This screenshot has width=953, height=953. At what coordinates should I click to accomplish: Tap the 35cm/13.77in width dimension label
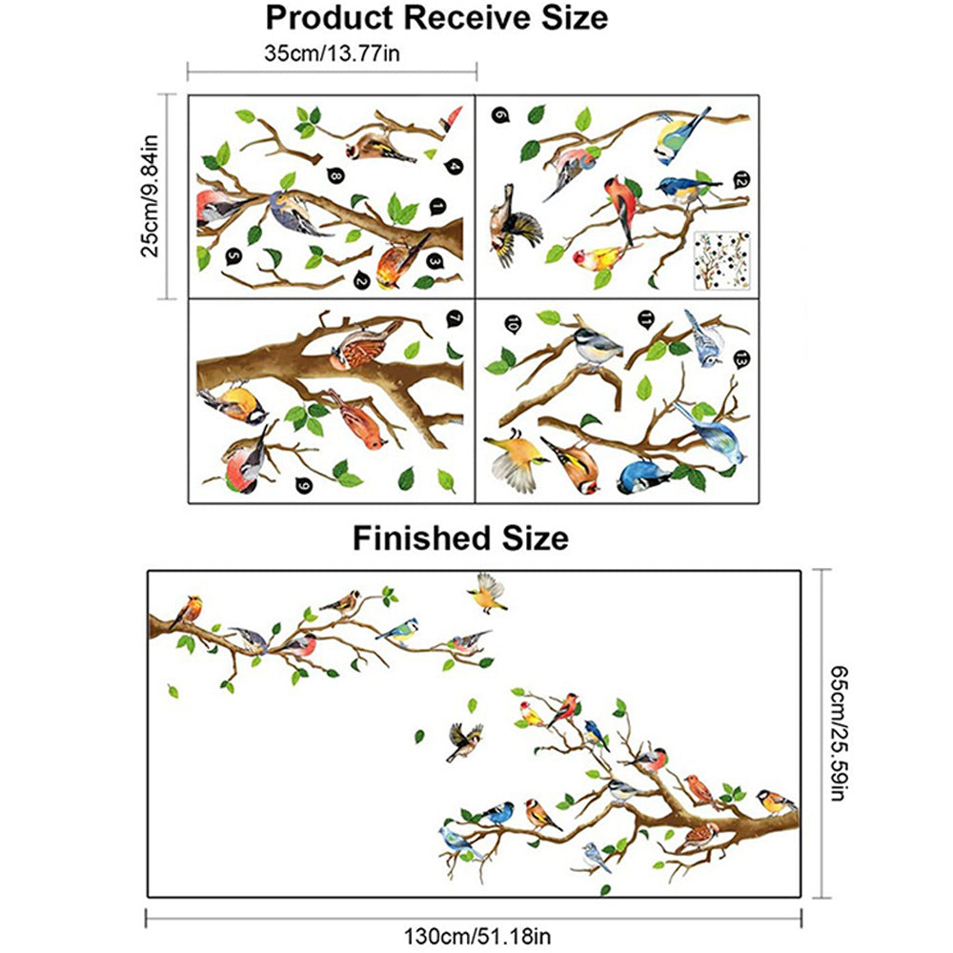[332, 53]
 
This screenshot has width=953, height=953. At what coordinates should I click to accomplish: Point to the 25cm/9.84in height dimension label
[150, 196]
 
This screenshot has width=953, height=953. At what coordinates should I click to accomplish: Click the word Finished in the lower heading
[417, 538]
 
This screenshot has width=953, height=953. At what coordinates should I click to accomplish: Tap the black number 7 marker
[454, 319]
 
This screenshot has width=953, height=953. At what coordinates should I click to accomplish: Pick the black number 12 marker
[741, 178]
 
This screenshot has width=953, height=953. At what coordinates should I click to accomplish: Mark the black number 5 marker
[233, 255]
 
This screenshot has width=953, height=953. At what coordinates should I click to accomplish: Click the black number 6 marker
[500, 115]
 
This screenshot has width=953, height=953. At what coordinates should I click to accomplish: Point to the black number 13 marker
[741, 359]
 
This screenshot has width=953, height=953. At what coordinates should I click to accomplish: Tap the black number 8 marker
[334, 174]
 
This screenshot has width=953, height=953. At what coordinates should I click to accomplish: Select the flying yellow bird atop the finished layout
[488, 593]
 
